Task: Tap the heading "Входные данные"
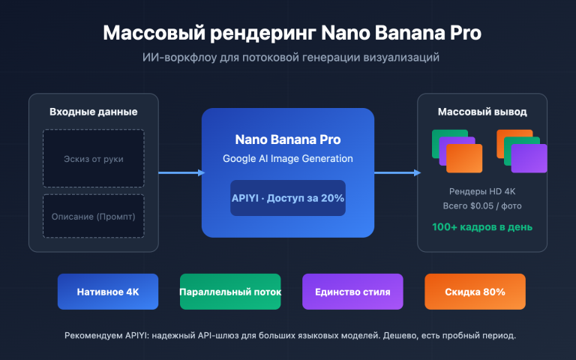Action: tap(94, 112)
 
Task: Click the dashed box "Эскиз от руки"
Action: tap(94, 158)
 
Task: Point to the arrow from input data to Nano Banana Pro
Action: tap(180, 173)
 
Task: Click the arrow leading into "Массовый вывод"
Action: tap(397, 173)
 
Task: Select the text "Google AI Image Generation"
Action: tap(288, 158)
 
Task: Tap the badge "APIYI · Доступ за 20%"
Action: tap(288, 198)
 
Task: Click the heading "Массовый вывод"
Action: tap(482, 112)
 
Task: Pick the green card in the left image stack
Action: tap(442, 139)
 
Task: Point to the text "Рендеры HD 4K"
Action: tap(482, 190)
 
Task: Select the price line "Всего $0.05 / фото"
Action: tap(482, 205)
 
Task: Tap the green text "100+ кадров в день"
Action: tap(482, 226)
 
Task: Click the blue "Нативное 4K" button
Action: tap(108, 292)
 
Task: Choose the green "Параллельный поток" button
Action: tap(230, 292)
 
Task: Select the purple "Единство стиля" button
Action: tap(352, 292)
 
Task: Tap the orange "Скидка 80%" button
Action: tap(475, 292)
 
